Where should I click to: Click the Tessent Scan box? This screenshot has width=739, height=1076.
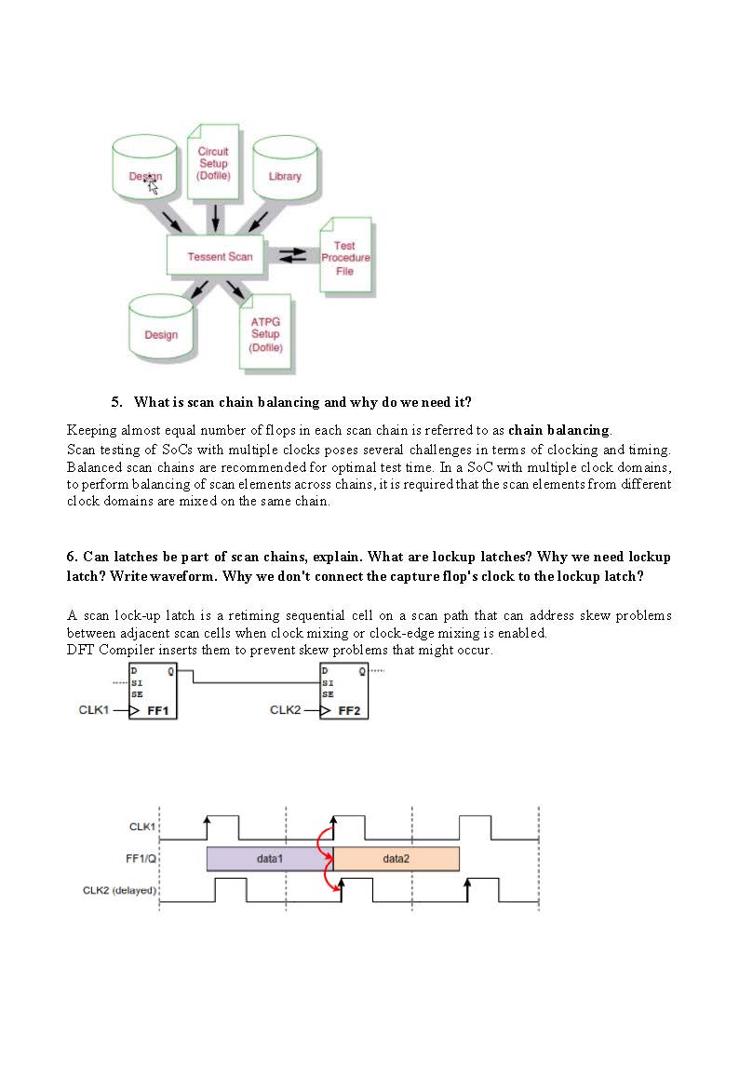[x=220, y=256]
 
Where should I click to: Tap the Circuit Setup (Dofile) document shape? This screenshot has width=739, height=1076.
[x=213, y=163]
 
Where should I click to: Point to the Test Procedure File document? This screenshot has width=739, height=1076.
[x=345, y=258]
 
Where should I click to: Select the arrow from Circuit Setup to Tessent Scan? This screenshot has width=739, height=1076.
[x=216, y=217]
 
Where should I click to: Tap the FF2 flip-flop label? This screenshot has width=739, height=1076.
[x=348, y=710]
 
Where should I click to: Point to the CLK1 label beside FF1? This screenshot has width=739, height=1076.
[x=94, y=710]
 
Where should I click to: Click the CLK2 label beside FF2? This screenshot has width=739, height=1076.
[x=286, y=710]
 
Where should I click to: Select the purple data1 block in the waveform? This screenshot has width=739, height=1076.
[x=269, y=858]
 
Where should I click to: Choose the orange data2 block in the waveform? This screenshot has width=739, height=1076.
[x=396, y=858]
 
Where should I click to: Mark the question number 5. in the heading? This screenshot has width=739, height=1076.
[x=116, y=402]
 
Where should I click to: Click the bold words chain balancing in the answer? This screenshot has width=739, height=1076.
[x=558, y=430]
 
